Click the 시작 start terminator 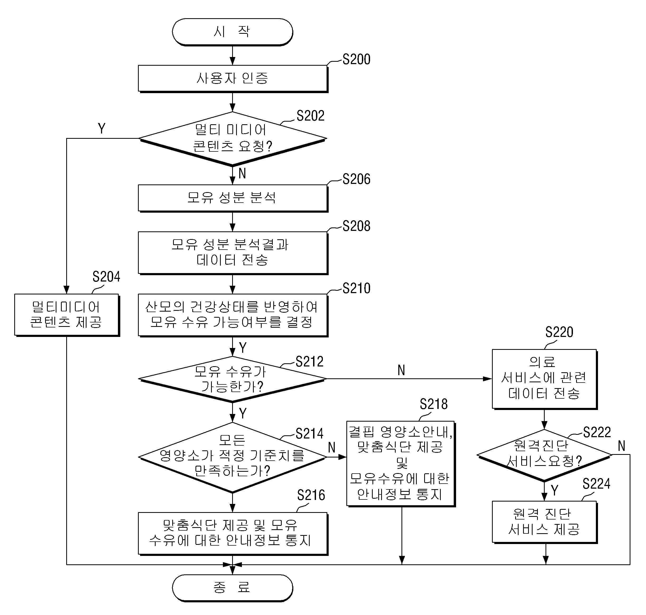pyautogui.click(x=232, y=32)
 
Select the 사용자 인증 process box pyautogui.click(x=233, y=79)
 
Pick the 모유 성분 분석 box pyautogui.click(x=233, y=198)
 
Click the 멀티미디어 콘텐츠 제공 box pyautogui.click(x=67, y=315)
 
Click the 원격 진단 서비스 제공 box pyautogui.click(x=545, y=522)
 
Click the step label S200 pyautogui.click(x=356, y=59)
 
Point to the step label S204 pyautogui.click(x=106, y=277)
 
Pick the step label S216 pyautogui.click(x=311, y=495)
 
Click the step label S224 pyautogui.click(x=596, y=484)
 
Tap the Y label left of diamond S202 pyautogui.click(x=102, y=128)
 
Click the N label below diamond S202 pyautogui.click(x=242, y=173)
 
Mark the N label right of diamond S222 pyautogui.click(x=621, y=446)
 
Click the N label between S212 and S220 pyautogui.click(x=401, y=370)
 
